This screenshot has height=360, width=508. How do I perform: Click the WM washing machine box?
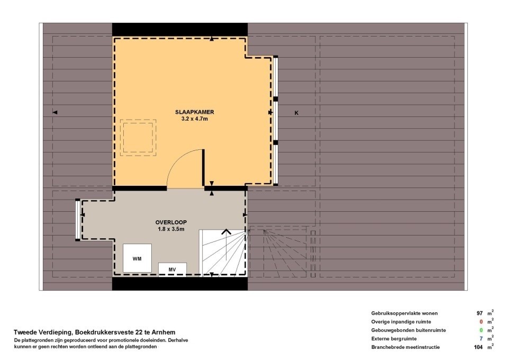click(137, 258)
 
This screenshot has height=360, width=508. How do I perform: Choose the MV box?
click(172, 269)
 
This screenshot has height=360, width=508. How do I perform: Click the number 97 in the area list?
click(479, 313)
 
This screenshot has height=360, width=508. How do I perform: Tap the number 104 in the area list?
click(478, 347)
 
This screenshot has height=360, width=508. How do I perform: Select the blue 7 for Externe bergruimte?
click(482, 339)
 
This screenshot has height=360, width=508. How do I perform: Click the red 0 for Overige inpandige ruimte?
click(482, 322)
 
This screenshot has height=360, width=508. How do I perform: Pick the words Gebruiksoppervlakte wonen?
click(404, 313)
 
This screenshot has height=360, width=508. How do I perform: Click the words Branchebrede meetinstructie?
click(406, 347)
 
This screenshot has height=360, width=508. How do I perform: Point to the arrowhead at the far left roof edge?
click(55, 112)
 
